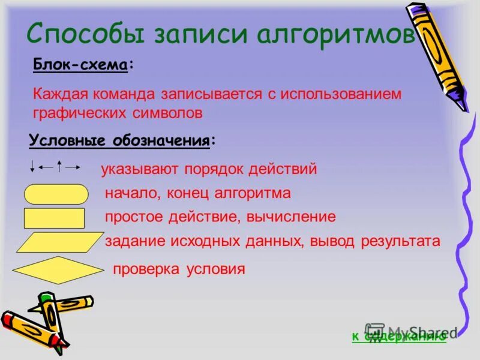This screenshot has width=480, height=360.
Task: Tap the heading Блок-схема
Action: (80, 65)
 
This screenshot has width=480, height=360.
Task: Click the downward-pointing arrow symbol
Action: (32, 166)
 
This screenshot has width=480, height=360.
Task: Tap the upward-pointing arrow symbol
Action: (59, 166)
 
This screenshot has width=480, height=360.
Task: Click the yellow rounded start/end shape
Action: (56, 194)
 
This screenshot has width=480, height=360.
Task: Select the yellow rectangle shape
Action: (54, 218)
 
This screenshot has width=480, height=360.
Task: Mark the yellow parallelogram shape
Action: (60, 242)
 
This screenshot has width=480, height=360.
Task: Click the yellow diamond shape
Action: (55, 269)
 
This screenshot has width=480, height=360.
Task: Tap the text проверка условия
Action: (179, 269)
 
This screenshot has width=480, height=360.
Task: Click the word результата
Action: (400, 241)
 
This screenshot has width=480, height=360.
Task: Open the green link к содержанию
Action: (398, 337)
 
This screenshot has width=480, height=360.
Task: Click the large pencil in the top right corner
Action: (437, 55)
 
